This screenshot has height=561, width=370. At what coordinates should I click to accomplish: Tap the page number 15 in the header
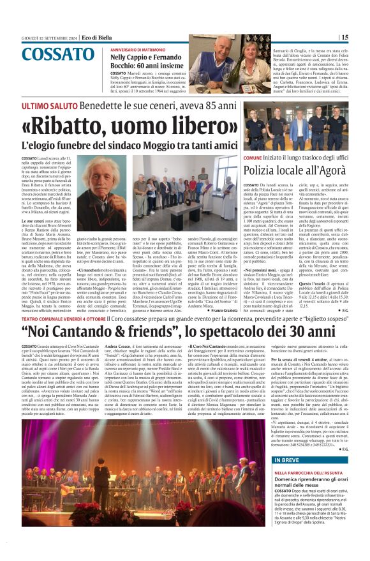(362, 37)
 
